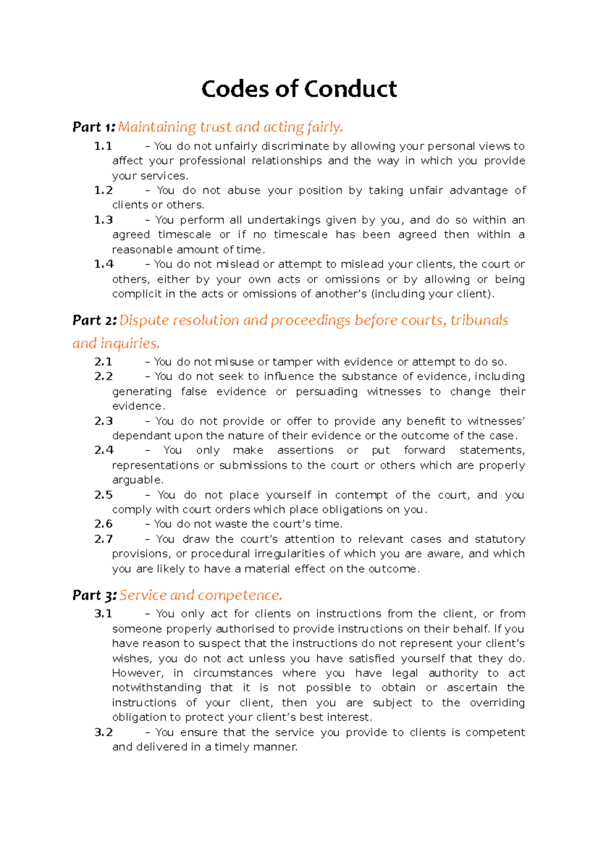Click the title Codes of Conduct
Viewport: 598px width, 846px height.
[x=299, y=89]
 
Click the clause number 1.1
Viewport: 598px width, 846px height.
[x=103, y=146]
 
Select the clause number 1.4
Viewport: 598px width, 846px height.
[x=104, y=264]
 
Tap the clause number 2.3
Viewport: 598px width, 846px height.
[x=104, y=421]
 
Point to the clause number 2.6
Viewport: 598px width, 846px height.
[x=104, y=524]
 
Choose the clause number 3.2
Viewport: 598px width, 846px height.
[x=104, y=732]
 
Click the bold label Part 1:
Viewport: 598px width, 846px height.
[x=94, y=127]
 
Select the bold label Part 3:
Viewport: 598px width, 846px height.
[x=94, y=595]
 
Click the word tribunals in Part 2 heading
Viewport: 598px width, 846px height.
[x=479, y=320]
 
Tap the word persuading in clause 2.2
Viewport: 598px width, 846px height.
[x=326, y=392]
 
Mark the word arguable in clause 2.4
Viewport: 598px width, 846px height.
[x=137, y=480]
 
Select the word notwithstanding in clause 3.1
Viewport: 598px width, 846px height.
[x=156, y=688]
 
